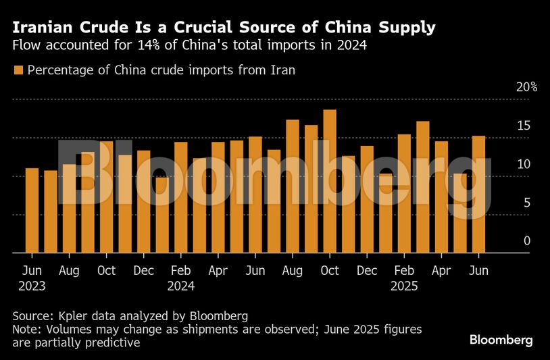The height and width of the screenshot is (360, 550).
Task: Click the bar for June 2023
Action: pyautogui.click(x=32, y=210)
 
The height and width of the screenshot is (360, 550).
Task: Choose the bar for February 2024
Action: pyautogui.click(x=181, y=197)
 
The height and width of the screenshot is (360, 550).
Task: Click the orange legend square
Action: pyautogui.click(x=18, y=70)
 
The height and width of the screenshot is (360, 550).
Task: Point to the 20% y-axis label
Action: pyautogui.click(x=527, y=87)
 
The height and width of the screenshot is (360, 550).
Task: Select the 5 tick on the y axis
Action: pyautogui.click(x=527, y=203)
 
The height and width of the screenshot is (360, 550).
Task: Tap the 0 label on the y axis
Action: pyautogui.click(x=527, y=241)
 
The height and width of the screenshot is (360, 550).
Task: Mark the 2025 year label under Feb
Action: pyautogui.click(x=404, y=286)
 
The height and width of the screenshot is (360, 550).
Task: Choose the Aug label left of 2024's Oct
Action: pyautogui.click(x=292, y=270)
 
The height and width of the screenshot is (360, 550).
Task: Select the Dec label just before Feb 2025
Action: pyautogui.click(x=366, y=270)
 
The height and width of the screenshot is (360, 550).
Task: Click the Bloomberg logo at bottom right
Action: pyautogui.click(x=501, y=340)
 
